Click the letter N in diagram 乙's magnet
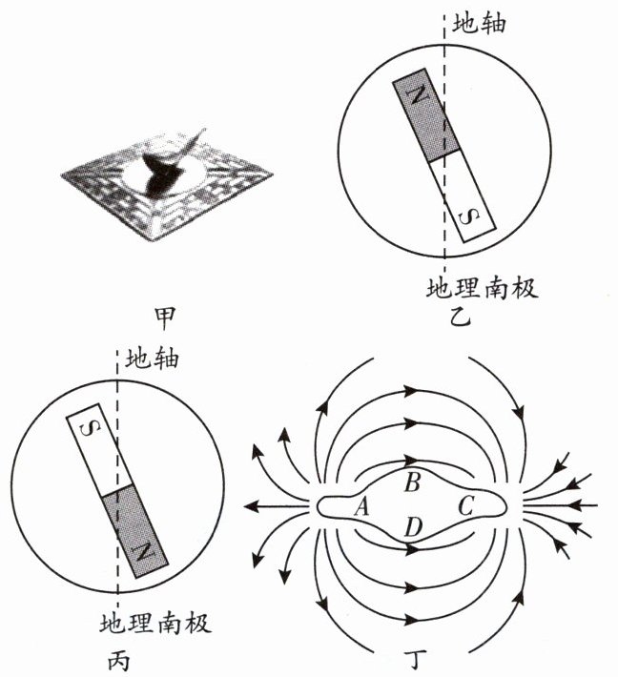coord(415,97)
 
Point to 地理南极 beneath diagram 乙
coord(483,287)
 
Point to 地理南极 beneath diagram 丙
coord(154,626)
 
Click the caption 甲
coord(164,316)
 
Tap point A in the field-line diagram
coord(360,508)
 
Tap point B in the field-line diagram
coord(412,482)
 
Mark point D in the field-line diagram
coord(412,526)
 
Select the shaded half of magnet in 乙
coord(426,115)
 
